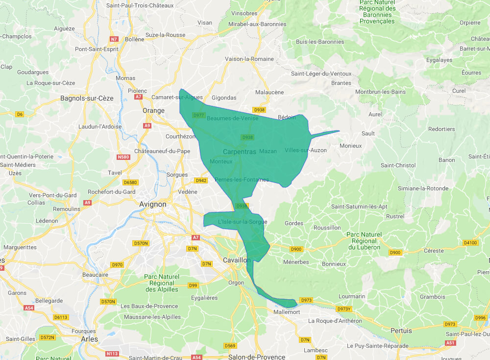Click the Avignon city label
(153, 204)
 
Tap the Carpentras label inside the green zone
(239, 152)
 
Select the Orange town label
(153, 110)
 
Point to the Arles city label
(89, 339)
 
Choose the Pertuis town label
(401, 331)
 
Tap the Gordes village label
(294, 223)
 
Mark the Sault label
(368, 133)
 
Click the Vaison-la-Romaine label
(249, 59)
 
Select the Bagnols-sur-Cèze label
(87, 98)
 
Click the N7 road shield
(114, 39)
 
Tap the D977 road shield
(198, 115)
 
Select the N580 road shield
(123, 157)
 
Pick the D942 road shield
(201, 180)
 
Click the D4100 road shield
(470, 242)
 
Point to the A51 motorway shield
(450, 343)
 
